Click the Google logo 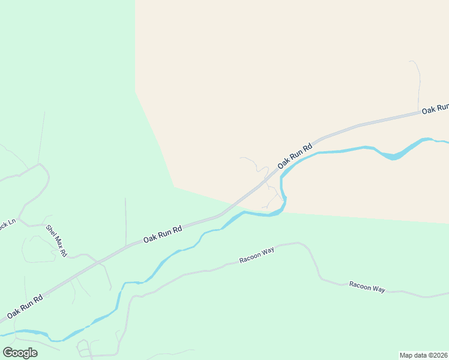point(20,352)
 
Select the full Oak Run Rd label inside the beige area point(295,155)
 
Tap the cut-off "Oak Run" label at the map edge point(435,109)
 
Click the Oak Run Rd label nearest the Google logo point(25,306)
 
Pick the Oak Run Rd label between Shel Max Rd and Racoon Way point(162,234)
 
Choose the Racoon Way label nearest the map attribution point(367,287)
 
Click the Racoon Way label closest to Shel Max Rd point(256,255)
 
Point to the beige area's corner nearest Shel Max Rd point(173,187)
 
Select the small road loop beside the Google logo point(83,348)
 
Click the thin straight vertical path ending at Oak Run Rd point(125,222)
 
